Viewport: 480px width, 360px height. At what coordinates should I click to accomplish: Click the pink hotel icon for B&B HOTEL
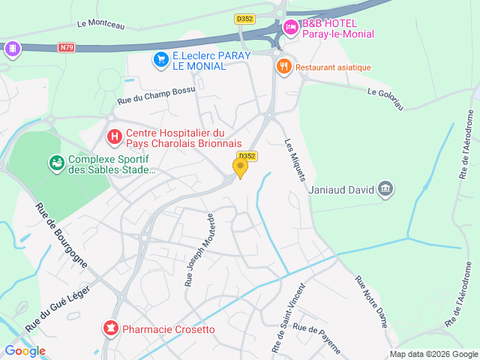290,28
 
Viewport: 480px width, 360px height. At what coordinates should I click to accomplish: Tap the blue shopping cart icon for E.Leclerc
160,59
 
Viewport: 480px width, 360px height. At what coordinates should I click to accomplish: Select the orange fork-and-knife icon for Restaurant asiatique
283,67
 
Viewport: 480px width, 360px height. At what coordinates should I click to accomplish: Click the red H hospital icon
114,136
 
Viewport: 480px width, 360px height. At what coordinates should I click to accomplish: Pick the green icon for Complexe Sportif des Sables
56,163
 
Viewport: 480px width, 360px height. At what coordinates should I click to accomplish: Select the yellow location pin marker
240,167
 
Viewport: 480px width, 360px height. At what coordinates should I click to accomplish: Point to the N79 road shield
67,48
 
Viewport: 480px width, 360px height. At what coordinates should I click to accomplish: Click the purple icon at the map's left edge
11,49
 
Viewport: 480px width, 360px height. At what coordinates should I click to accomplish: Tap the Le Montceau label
100,24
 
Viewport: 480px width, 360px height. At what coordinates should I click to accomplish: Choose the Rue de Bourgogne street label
62,235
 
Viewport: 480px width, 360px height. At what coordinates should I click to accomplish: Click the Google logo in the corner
25,350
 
